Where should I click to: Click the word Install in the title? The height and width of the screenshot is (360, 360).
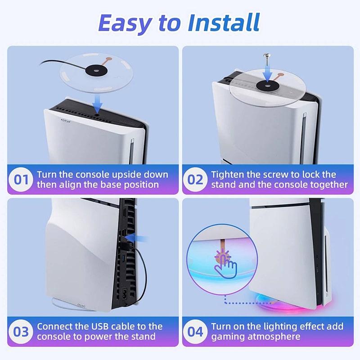click(224, 22)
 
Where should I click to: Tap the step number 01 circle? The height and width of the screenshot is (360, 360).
click(21, 179)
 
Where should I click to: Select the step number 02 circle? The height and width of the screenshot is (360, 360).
click(195, 179)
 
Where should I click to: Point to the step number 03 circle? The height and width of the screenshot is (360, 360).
click(21, 332)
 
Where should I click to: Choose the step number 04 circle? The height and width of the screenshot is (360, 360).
click(195, 332)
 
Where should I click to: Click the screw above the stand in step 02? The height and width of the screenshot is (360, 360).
click(267, 59)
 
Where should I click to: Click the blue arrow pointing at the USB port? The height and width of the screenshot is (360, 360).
click(137, 238)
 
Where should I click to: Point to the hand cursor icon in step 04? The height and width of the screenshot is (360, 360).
click(226, 267)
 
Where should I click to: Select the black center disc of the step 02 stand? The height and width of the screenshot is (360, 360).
click(268, 85)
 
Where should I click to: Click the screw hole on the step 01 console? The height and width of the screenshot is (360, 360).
click(97, 114)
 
